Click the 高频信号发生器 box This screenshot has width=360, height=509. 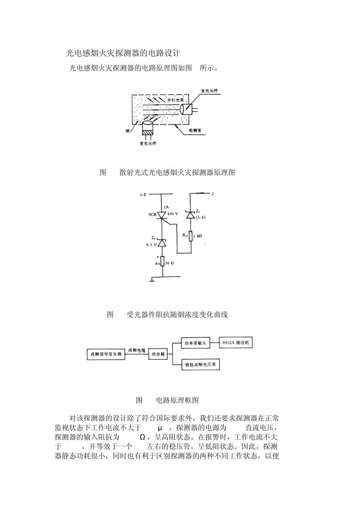pos(106,354)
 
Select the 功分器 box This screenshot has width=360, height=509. pos(158,354)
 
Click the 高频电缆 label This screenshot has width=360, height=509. pos(137,350)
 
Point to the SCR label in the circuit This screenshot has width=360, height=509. pos(152,214)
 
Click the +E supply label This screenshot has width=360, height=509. pos(143,194)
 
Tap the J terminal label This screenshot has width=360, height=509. pos(213,194)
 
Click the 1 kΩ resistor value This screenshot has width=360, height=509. pos(198,236)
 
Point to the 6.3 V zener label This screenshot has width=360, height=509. pos(151,245)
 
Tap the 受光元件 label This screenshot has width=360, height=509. pos(148,144)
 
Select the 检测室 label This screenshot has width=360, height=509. pos(195,130)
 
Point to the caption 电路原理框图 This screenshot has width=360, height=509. pos(177,400)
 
